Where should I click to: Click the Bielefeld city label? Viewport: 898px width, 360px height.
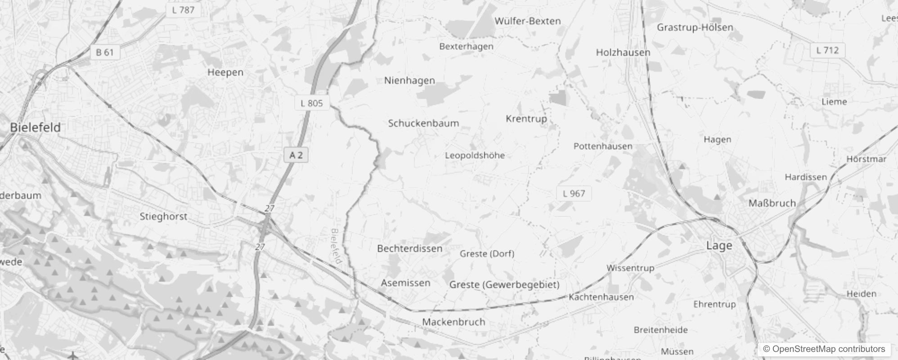[x=35, y=127]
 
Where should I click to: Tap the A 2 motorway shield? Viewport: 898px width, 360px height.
[x=296, y=155]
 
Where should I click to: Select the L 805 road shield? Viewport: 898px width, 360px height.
[x=312, y=103]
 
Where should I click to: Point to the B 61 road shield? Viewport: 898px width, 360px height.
[x=105, y=52]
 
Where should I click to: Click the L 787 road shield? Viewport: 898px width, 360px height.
[x=183, y=10]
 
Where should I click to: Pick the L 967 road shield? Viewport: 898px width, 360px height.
[x=574, y=193]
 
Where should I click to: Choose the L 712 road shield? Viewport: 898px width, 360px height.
[x=827, y=50]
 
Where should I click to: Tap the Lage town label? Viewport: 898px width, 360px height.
[x=719, y=246]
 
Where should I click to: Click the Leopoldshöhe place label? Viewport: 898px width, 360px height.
[x=475, y=155]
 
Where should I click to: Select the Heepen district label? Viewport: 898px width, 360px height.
[x=225, y=72]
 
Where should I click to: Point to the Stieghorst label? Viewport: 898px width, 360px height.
[x=163, y=216]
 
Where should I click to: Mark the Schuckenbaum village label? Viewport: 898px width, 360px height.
[x=423, y=123]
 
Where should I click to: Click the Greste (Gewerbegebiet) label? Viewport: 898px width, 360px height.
[x=504, y=284]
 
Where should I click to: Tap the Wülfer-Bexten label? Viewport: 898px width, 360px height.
[x=527, y=21]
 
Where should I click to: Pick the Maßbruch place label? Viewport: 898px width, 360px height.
[x=772, y=203]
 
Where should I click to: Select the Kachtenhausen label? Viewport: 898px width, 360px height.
[x=601, y=297]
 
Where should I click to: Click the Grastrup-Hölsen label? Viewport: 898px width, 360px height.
[x=695, y=27]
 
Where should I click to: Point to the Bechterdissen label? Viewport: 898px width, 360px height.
[x=409, y=248]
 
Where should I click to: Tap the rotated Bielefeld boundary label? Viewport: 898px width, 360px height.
[x=336, y=246]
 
